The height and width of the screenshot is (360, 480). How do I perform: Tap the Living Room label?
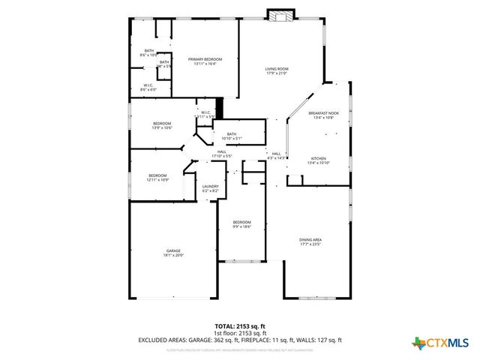coord(277,70)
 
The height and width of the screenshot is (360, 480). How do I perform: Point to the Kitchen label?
coord(319,160)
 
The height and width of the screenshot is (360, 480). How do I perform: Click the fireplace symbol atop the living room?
coord(282,15)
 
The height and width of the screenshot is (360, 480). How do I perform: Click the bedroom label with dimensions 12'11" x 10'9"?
coord(157,177)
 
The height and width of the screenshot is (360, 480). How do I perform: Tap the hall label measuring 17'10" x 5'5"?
coord(222,154)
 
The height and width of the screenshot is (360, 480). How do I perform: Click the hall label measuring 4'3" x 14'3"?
coord(277,155)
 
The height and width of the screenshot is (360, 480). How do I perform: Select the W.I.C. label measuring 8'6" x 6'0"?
coord(148,87)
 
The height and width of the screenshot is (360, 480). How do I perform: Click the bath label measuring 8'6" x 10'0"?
coord(148,52)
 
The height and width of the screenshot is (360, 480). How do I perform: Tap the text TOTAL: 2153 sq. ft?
coord(239,327)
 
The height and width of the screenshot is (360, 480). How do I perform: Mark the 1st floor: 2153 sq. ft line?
coord(239,333)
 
